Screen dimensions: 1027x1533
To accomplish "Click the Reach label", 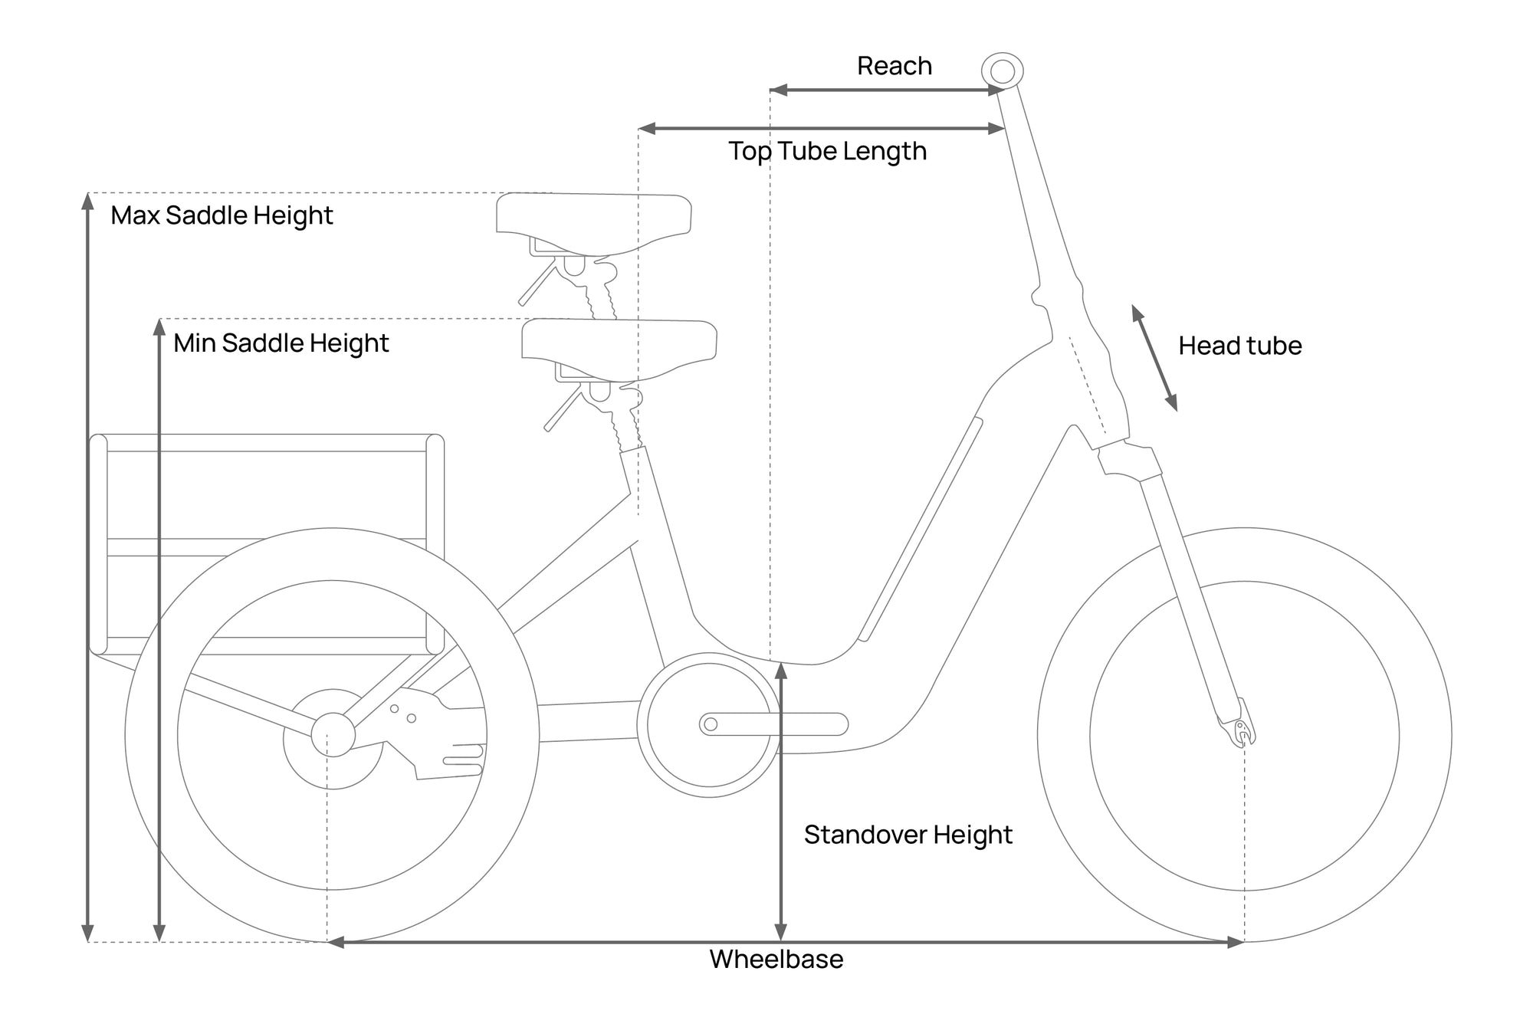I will click(x=894, y=66).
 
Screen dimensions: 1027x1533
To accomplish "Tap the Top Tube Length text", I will click(x=827, y=151).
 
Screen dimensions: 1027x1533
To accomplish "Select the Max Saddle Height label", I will click(x=222, y=215).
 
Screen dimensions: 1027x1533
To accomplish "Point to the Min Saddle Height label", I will click(x=281, y=343).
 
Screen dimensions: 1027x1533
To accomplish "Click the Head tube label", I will click(x=1239, y=346).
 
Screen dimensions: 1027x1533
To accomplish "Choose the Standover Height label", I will click(x=908, y=834).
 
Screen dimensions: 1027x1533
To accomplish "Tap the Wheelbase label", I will click(x=776, y=959).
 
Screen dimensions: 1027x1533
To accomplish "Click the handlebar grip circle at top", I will click(x=1002, y=71).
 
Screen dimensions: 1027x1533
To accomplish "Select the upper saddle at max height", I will click(x=593, y=217).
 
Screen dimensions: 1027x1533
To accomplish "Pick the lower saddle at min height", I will click(x=619, y=343).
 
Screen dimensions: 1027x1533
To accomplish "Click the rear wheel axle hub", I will click(x=333, y=734).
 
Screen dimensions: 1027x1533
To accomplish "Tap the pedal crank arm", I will click(x=774, y=723).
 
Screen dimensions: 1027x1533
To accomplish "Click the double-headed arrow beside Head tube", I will click(x=1154, y=358).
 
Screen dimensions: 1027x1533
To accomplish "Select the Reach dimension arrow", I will click(x=886, y=90).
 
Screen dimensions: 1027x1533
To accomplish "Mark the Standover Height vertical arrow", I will click(x=780, y=801).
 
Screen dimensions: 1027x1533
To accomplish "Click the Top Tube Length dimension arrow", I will click(x=821, y=129).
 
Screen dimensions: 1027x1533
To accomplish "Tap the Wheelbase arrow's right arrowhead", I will click(x=1236, y=942).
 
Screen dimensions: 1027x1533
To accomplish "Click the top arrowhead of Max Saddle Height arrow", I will click(x=88, y=202).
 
